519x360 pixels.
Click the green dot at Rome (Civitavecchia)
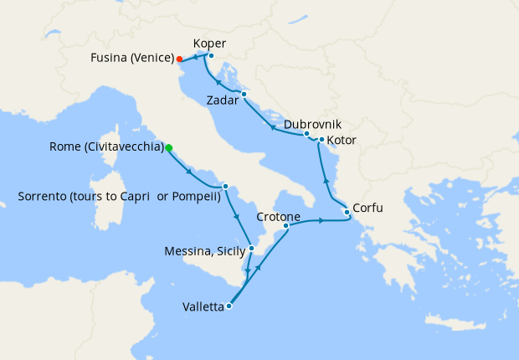(x=168, y=147)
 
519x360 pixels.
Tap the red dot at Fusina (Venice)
(x=180, y=59)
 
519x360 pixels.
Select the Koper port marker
(x=211, y=56)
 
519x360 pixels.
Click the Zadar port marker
(x=244, y=95)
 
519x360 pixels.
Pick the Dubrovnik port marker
(x=306, y=134)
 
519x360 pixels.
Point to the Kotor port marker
(x=321, y=139)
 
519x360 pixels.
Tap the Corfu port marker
(x=347, y=213)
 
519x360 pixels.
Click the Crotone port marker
(x=286, y=225)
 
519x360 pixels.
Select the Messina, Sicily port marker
(x=251, y=248)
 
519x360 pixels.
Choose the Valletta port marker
(x=229, y=306)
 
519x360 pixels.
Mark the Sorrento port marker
(x=225, y=186)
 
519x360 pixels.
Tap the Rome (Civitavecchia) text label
(x=106, y=147)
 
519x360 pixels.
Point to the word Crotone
(x=279, y=214)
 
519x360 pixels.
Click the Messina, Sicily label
(x=206, y=250)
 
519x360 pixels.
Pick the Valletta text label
(x=203, y=306)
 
